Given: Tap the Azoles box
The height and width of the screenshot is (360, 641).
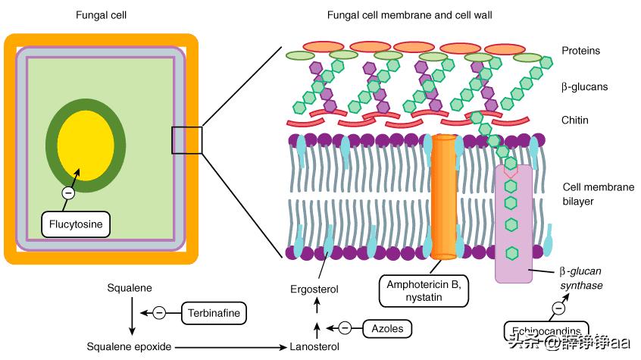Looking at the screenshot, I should coord(386,328).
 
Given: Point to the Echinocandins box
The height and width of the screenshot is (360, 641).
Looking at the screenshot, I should coord(546,331).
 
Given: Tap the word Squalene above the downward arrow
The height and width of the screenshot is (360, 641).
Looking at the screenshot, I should coord(130,289).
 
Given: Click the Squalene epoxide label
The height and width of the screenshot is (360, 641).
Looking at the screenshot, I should coord(129,346).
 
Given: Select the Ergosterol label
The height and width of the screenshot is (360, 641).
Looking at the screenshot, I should coord(314,290).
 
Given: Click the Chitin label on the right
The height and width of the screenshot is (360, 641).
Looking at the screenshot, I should coord(574,120).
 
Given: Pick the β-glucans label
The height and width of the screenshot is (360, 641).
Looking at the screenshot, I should coord(584,87).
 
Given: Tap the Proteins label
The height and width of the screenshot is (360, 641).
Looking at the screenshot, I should coord(580,51).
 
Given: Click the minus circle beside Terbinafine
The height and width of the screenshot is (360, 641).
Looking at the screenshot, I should coord(159,311).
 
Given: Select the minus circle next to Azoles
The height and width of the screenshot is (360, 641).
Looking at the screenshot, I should coord(345,328).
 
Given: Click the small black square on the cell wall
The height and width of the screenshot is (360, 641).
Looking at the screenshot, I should coord(186,140).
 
